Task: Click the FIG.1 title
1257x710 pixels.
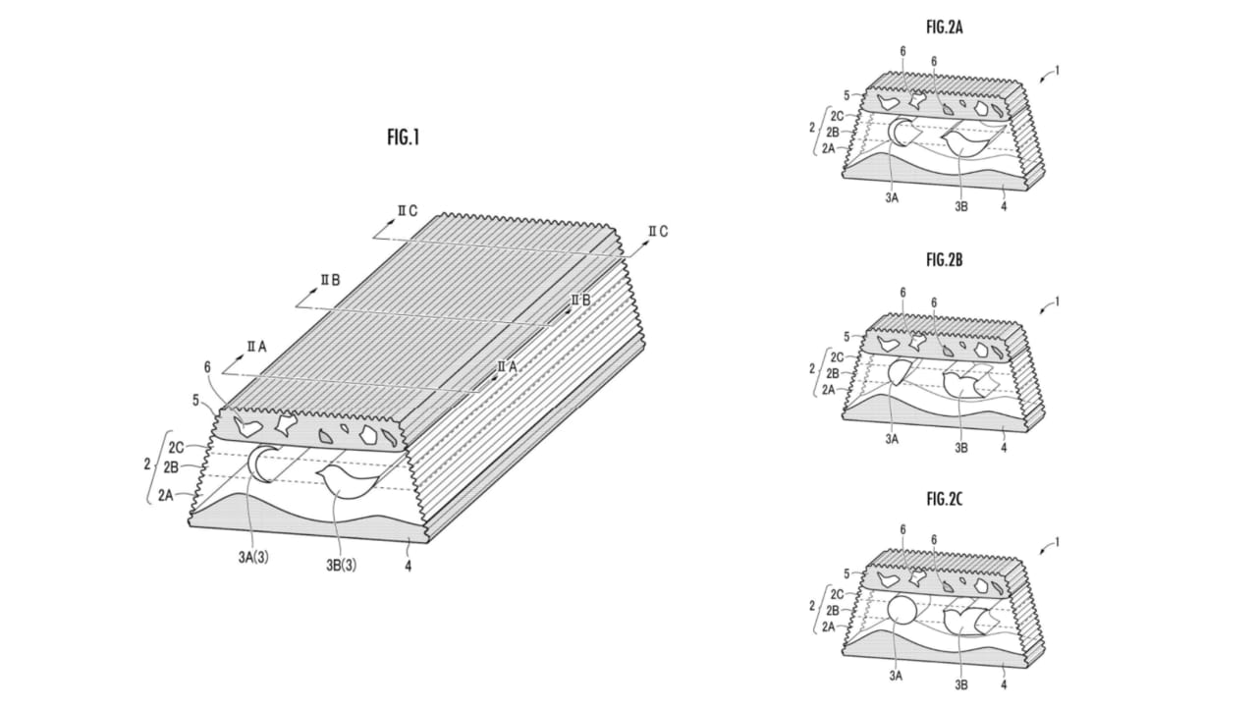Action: coord(403,137)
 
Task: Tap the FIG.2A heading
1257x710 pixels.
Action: coord(945,27)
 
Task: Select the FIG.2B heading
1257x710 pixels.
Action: coord(945,260)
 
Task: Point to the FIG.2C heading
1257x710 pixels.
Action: coord(945,499)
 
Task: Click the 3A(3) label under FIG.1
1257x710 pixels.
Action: coord(253,558)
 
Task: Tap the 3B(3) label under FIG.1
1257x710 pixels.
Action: coord(341,565)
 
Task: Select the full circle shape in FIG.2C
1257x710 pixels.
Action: coord(902,610)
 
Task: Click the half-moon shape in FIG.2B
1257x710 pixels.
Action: coord(899,371)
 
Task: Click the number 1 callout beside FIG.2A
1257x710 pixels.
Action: coord(1058,71)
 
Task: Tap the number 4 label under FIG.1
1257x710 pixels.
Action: coord(408,567)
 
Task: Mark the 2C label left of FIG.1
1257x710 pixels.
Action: coord(176,448)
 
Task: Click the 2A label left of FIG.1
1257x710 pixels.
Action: coord(166,495)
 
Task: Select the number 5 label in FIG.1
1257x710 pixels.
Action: coord(195,401)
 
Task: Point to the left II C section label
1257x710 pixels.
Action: coord(408,210)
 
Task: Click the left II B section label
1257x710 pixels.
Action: coord(330,280)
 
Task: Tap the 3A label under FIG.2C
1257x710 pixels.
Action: coord(896,677)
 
